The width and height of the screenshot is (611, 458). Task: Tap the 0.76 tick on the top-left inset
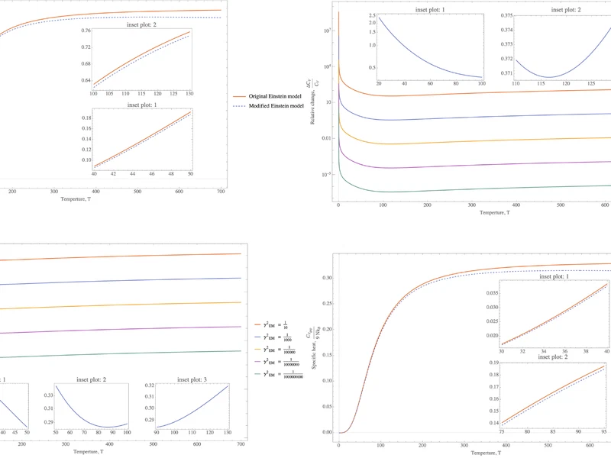86,31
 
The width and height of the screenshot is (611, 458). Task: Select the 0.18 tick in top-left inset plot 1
85,118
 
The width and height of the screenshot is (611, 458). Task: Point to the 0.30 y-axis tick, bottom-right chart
327,278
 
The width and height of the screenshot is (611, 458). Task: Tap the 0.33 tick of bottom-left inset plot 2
47,395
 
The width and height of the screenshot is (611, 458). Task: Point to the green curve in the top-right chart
458,188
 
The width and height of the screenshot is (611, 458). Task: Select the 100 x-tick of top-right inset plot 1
481,82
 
